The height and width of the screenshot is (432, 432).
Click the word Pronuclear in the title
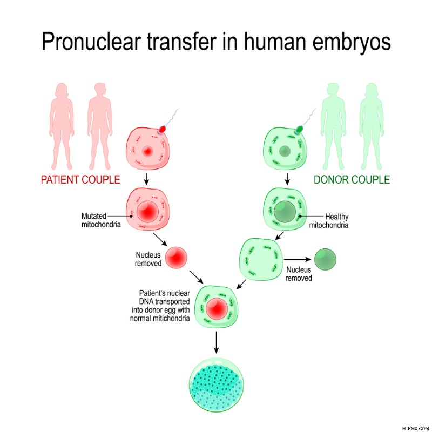[91, 42]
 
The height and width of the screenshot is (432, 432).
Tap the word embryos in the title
[352, 42]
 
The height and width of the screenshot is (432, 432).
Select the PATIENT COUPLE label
[80, 180]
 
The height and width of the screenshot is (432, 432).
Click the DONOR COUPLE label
[352, 180]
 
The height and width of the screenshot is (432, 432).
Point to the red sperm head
[162, 129]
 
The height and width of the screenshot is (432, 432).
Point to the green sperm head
[299, 129]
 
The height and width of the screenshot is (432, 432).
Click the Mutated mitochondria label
[101, 220]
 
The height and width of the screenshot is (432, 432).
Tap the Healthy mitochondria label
[329, 221]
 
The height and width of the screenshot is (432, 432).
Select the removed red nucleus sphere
[177, 258]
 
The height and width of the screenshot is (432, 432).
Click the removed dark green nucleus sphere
[326, 259]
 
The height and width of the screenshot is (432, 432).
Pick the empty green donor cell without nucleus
[261, 260]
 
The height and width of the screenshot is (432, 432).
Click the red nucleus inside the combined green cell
[217, 308]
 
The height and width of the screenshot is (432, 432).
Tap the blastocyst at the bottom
[217, 385]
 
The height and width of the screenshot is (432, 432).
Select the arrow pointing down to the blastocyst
[217, 342]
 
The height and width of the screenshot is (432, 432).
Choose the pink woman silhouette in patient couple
[62, 126]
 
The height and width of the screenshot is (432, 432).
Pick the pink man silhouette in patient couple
[100, 126]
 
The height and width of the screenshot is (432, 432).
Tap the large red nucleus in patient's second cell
[147, 212]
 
